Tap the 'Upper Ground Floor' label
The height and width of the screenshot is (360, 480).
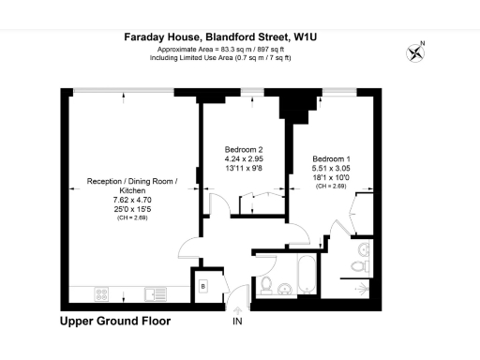point(115,321)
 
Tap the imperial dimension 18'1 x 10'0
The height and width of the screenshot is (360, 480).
point(333,177)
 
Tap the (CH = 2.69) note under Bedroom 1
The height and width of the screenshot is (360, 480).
point(333,187)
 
